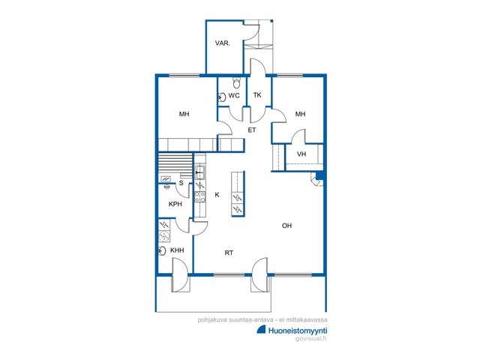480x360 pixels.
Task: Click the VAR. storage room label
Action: tap(222, 43)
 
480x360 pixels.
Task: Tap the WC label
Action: tap(234, 95)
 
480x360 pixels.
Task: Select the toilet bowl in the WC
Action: tap(236, 82)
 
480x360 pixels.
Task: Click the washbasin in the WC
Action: tap(222, 97)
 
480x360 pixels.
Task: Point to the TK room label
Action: tap(257, 95)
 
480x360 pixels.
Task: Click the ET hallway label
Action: tap(252, 130)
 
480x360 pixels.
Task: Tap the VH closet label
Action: tap(301, 154)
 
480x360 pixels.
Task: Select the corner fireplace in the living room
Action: tap(316, 179)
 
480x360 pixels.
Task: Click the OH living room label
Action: tap(286, 226)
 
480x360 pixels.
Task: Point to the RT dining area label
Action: tap(229, 253)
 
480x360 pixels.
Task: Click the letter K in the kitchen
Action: tap(217, 195)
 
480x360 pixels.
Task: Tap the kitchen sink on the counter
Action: tap(200, 172)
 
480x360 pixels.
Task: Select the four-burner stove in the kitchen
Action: tap(200, 196)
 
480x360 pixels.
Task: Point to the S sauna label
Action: tap(181, 183)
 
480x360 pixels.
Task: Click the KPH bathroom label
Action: tap(175, 204)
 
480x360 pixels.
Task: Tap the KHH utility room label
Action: tap(177, 250)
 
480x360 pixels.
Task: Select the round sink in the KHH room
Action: tap(162, 250)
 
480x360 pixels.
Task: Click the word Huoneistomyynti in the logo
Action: tap(298, 331)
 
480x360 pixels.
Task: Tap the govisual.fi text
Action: tap(311, 338)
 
